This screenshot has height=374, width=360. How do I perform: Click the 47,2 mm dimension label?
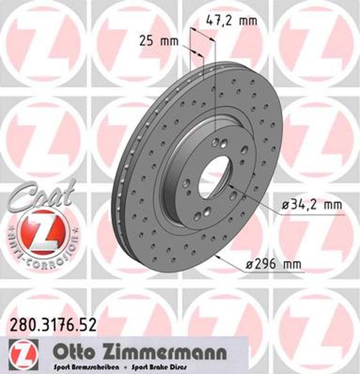pos(232,21)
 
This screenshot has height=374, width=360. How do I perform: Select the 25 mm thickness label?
pos(159,41)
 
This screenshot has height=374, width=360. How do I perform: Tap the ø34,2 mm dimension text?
pos(311,205)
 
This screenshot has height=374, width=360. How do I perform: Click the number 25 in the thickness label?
pos(147,41)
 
